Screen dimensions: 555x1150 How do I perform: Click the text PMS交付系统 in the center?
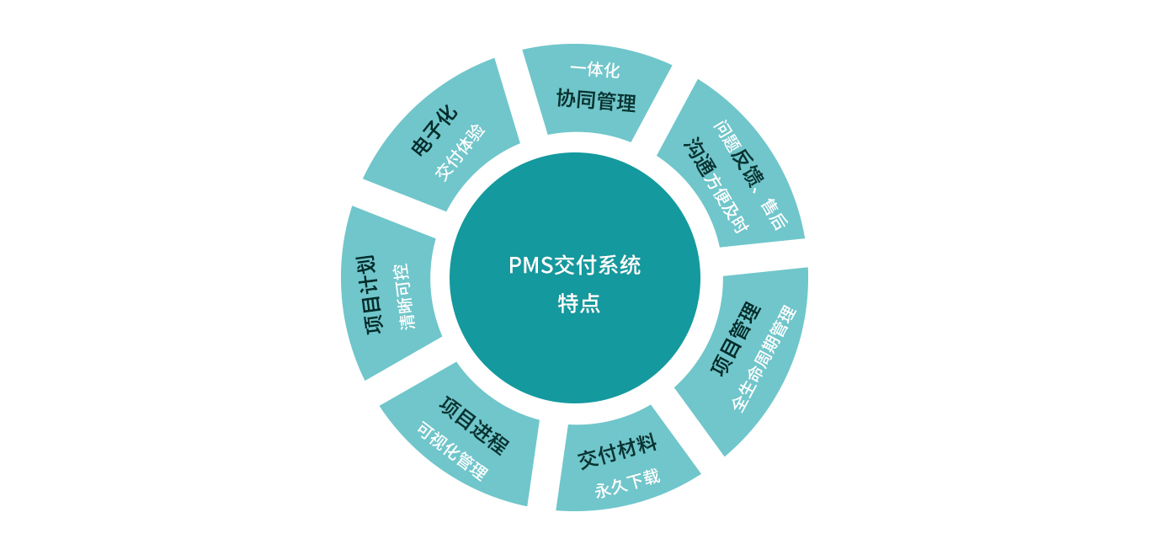[574, 265]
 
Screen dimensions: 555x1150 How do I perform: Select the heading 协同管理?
[596, 100]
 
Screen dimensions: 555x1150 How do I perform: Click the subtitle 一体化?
[594, 70]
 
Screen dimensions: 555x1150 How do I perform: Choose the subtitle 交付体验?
[461, 152]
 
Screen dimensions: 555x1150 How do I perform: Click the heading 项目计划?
[375, 296]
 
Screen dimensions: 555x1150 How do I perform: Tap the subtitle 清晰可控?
[406, 296]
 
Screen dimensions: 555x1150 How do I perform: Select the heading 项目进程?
[475, 425]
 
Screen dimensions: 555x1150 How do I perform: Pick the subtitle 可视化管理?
[452, 451]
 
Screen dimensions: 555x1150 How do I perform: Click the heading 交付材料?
[617, 452]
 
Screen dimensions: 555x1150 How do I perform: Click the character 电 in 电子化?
[421, 147]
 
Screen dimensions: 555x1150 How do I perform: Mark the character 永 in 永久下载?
[602, 490]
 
